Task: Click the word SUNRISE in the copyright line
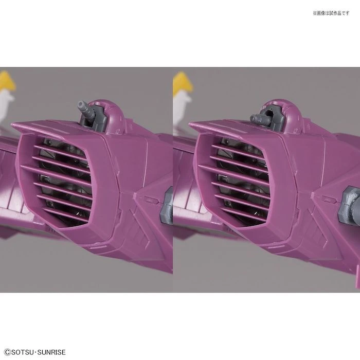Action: click(51, 352)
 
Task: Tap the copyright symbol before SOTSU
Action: click(7, 352)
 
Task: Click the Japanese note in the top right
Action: click(331, 13)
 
